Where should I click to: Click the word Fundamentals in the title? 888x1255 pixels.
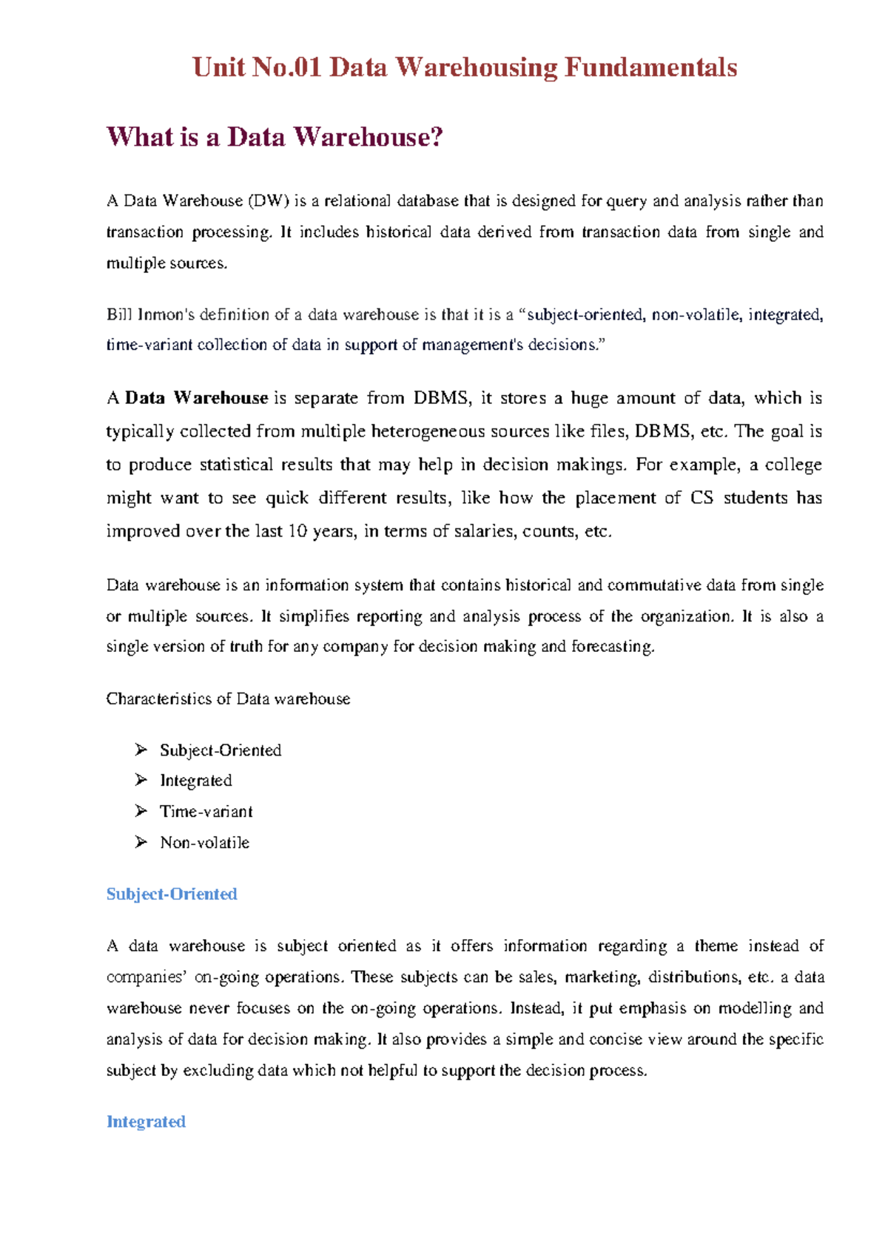click(x=650, y=68)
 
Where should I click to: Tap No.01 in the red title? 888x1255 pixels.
click(x=287, y=68)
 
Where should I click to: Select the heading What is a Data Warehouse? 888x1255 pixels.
click(x=275, y=137)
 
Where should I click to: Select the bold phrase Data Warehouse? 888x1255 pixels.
click(x=196, y=398)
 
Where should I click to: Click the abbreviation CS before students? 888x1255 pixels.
click(x=702, y=498)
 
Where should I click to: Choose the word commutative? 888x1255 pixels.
click(x=654, y=585)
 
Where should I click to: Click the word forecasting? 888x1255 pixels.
click(x=613, y=647)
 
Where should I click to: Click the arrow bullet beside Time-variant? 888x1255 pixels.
click(x=141, y=812)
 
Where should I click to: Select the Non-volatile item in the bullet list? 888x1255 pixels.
click(x=204, y=843)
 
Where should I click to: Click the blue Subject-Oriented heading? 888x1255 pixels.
click(x=172, y=895)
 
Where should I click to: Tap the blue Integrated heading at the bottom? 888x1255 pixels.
click(x=146, y=1123)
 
